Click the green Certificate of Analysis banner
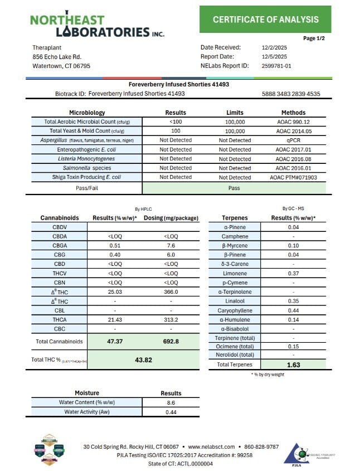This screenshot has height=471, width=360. [265, 20]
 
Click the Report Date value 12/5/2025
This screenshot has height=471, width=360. [274, 56]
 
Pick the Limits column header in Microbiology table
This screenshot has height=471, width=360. [235, 112]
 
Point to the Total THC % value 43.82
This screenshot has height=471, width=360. [144, 360]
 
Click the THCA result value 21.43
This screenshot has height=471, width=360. [115, 319]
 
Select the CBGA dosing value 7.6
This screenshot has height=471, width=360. [171, 246]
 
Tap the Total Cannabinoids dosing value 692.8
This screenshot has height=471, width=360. [171, 341]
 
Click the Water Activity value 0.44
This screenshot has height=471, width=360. [171, 411]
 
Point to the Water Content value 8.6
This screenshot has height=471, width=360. [171, 402]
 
